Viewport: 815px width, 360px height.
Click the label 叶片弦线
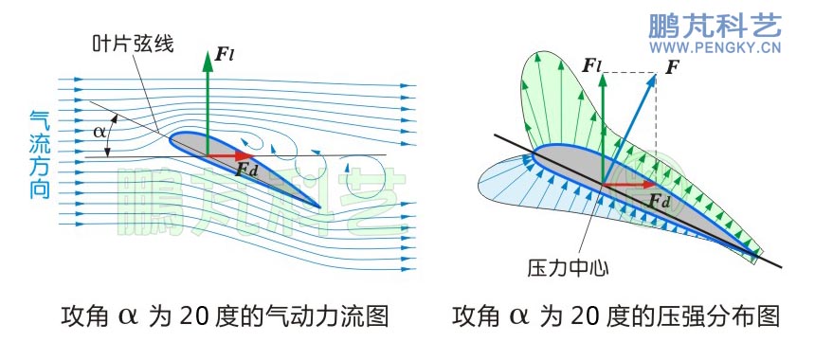pos(133,44)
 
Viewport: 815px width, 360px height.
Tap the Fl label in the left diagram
pos(225,54)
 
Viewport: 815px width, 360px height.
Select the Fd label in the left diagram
pos(247,170)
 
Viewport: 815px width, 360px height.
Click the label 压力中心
pos(567,267)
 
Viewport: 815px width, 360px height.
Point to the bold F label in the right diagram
pos(673,67)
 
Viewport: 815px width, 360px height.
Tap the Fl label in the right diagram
pos(591,67)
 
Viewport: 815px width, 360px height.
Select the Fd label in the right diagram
pos(661,201)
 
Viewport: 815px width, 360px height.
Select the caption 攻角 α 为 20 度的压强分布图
pos(616,315)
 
